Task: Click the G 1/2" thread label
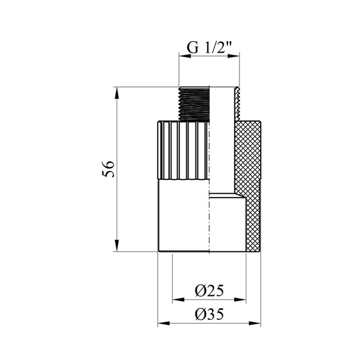[209, 47]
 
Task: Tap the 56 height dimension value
[108, 169]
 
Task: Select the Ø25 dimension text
[209, 291]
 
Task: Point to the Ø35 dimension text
[209, 314]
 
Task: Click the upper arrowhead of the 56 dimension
[117, 93]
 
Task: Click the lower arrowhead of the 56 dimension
[117, 246]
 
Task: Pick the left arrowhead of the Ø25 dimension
[178, 299]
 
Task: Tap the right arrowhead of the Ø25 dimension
[240, 299]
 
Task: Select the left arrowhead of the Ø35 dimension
[163, 323]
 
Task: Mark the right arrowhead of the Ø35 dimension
[255, 323]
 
